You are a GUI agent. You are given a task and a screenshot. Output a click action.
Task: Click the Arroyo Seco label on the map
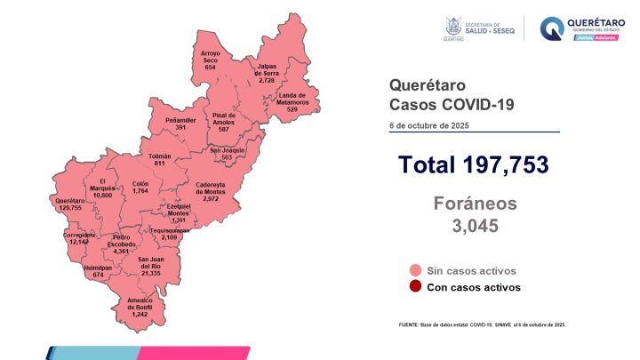tap(211, 60)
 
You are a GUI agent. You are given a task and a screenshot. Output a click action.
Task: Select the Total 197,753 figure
tap(473, 164)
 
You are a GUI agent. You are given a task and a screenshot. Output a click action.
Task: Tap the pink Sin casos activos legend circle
tap(414, 270)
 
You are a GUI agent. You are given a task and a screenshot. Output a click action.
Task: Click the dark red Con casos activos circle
tap(414, 287)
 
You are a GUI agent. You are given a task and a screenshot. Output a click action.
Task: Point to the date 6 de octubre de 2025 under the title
tap(428, 125)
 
